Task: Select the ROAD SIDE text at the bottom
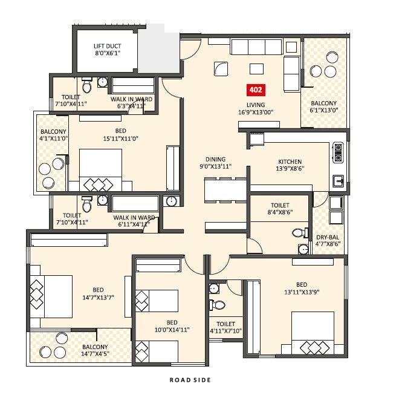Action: coord(190,380)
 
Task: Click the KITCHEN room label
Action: coord(290,162)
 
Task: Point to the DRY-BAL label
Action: coord(328,237)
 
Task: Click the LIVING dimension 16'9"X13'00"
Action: coord(256,111)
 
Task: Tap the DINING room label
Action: coord(215,158)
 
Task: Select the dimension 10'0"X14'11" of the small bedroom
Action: coord(172,330)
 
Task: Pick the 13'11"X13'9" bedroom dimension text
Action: coord(301,293)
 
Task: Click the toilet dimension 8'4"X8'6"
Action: coord(280,213)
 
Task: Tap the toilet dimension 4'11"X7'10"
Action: coord(225,331)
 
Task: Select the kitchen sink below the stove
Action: coord(337,180)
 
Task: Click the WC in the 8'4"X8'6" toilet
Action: coord(298,233)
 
